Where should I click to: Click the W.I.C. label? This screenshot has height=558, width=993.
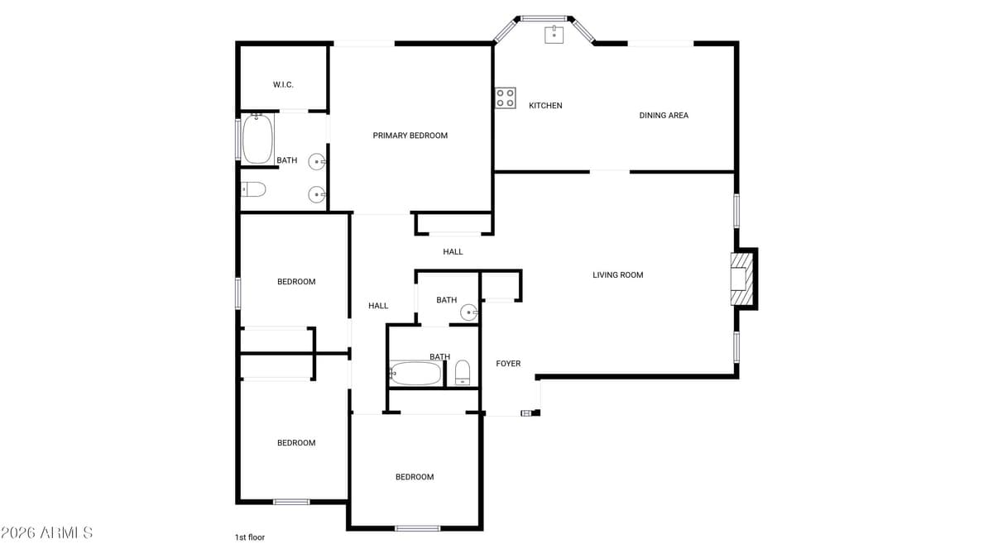pos(283,85)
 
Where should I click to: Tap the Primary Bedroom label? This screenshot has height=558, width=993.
pos(410,136)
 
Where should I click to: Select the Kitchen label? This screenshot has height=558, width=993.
pos(545,106)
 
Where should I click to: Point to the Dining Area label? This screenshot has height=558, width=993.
pos(664,116)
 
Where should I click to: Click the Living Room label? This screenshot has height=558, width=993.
pos(617,275)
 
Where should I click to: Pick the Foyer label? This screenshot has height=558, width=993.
pos(508,364)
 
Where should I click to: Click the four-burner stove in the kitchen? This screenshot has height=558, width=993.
pos(506,98)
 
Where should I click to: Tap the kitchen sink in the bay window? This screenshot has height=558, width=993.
pos(554,34)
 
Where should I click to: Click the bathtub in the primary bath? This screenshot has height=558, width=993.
pos(257,140)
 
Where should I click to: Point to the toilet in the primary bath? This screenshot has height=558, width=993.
pos(253,190)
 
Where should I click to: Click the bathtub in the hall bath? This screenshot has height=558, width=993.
pos(415,374)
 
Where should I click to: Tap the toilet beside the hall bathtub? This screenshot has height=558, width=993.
pos(463,373)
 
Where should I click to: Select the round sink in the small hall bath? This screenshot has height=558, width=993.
pos(469,312)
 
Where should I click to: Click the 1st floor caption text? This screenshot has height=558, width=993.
pos(249,537)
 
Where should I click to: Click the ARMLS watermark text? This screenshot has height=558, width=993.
pos(47,532)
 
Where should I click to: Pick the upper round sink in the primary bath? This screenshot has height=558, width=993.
pos(317,161)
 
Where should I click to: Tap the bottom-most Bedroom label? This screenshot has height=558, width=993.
pos(415,477)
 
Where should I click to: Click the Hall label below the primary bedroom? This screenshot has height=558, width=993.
pos(453,252)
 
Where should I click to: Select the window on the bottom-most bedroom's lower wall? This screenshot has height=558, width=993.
pos(417,527)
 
